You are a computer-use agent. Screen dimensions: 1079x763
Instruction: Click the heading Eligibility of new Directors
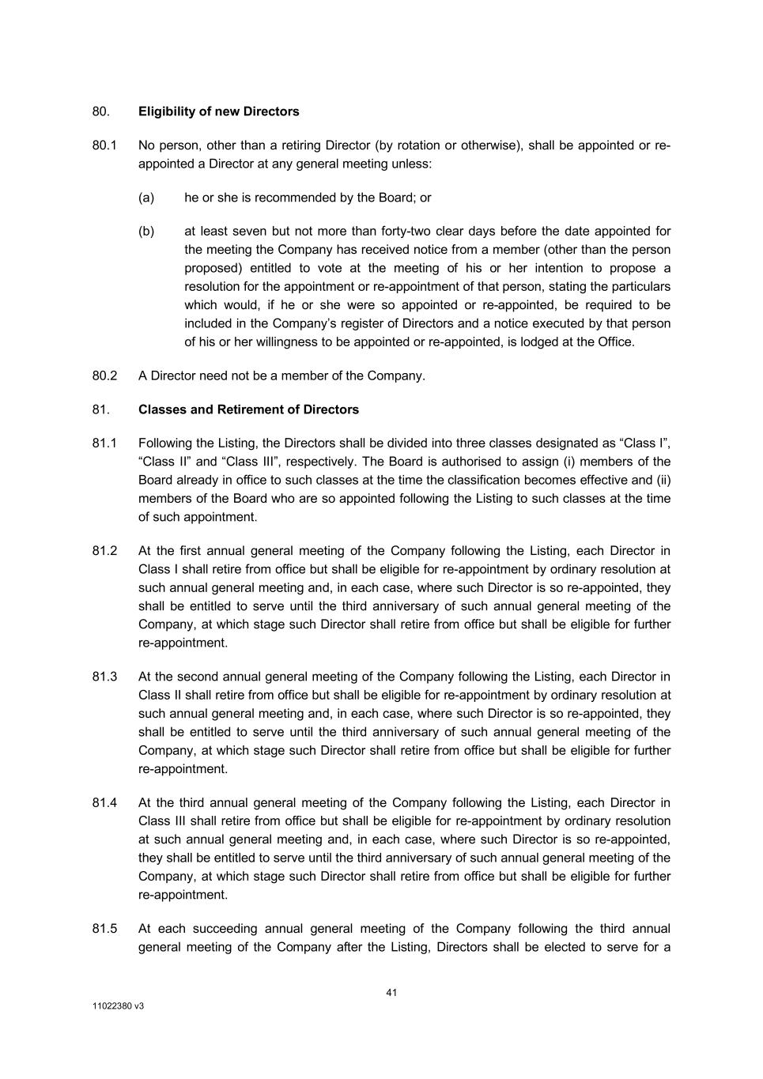point(218,111)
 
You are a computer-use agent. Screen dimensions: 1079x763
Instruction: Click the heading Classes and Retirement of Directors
point(248,409)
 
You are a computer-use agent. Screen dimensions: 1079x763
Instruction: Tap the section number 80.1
point(104,145)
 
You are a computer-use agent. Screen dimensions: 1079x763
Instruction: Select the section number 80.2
point(104,375)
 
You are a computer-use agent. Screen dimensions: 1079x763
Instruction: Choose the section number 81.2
point(104,551)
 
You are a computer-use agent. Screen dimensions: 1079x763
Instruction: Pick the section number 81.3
point(104,677)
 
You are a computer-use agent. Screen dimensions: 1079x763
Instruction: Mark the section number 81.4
point(104,803)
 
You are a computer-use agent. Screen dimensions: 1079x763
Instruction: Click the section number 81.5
point(104,929)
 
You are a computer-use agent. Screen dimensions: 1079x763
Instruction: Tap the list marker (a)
point(146,198)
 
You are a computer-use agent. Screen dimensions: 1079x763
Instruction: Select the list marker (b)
point(146,232)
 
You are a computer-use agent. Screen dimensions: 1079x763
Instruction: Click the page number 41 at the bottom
point(391,993)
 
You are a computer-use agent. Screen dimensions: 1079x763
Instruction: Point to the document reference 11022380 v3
point(118,1007)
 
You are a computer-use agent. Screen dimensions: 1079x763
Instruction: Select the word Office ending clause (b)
point(616,342)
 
